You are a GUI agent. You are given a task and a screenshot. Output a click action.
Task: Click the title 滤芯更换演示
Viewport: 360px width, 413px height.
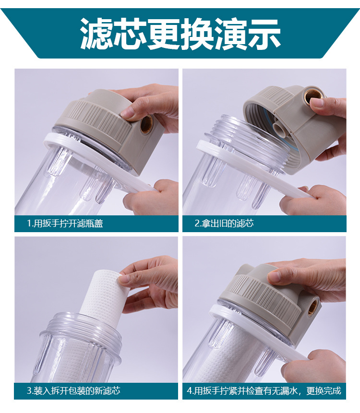(180, 34)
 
